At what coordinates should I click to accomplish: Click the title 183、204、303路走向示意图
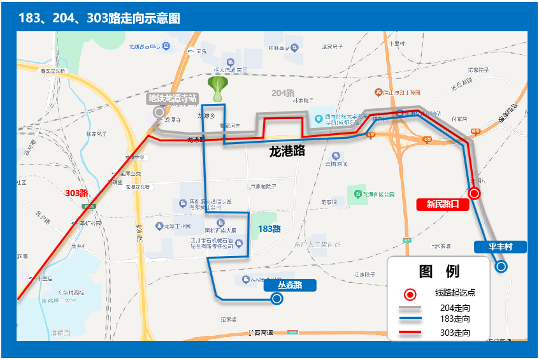(99, 18)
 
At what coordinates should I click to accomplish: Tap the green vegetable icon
(218, 89)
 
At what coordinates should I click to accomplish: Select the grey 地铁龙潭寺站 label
(172, 98)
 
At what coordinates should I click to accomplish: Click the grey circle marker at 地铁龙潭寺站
(159, 112)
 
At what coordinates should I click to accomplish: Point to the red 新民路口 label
(442, 205)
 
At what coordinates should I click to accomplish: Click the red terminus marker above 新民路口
(474, 193)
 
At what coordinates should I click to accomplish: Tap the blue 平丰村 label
(501, 247)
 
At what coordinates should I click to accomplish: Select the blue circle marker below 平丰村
(501, 266)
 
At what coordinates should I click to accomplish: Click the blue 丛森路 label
(290, 285)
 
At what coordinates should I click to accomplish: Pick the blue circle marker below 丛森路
(277, 298)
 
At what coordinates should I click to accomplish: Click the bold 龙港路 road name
(287, 152)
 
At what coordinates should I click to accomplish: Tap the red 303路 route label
(76, 192)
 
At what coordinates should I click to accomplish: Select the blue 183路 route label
(269, 229)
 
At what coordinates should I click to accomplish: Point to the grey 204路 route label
(283, 93)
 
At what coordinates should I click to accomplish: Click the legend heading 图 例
(440, 271)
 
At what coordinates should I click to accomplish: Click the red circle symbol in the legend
(410, 294)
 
